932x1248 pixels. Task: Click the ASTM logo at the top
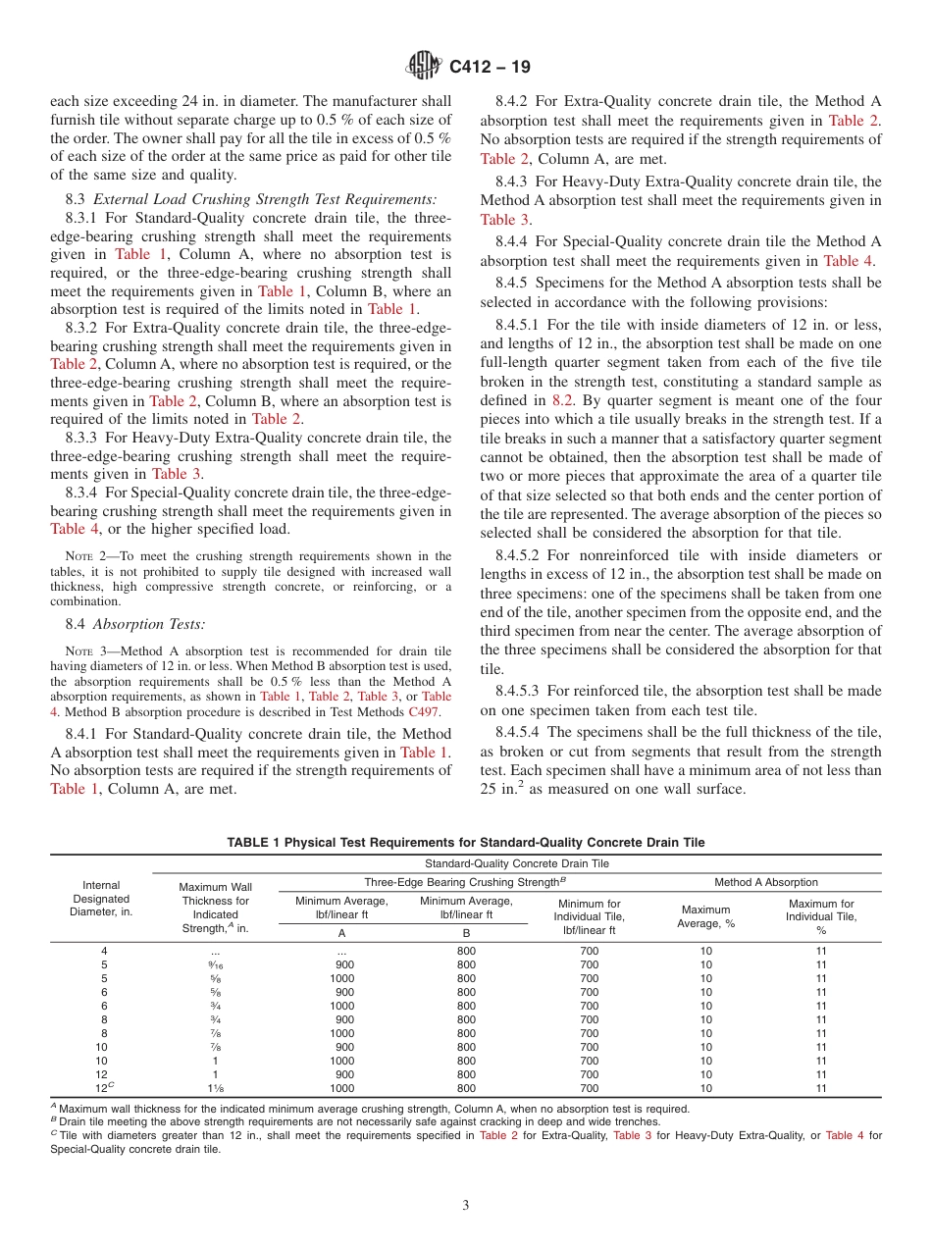coord(423,67)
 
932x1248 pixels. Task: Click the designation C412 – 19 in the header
coord(490,68)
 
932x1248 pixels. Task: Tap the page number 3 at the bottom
coord(466,1205)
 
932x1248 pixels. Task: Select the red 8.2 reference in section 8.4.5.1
coord(561,400)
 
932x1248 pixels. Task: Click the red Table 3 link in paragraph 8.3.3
coord(176,474)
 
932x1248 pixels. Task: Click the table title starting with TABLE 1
coord(466,842)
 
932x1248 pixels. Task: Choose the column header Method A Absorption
coord(765,882)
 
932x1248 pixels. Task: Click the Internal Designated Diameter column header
coord(101,898)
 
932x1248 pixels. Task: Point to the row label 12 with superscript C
coord(101,1088)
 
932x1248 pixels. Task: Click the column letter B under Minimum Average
coord(466,933)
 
